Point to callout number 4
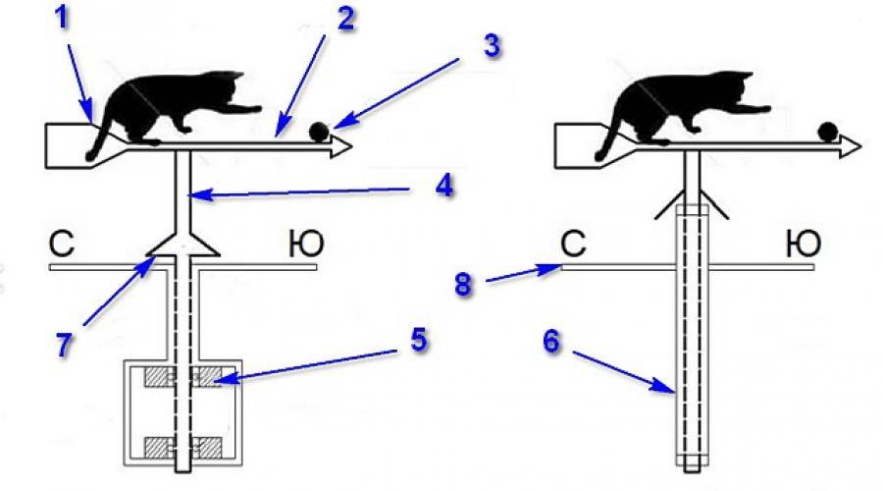point(444,186)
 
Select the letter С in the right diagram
point(574,244)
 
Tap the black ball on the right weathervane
point(828,132)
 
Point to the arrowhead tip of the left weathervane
point(351,146)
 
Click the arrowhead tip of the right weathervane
point(860,145)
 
